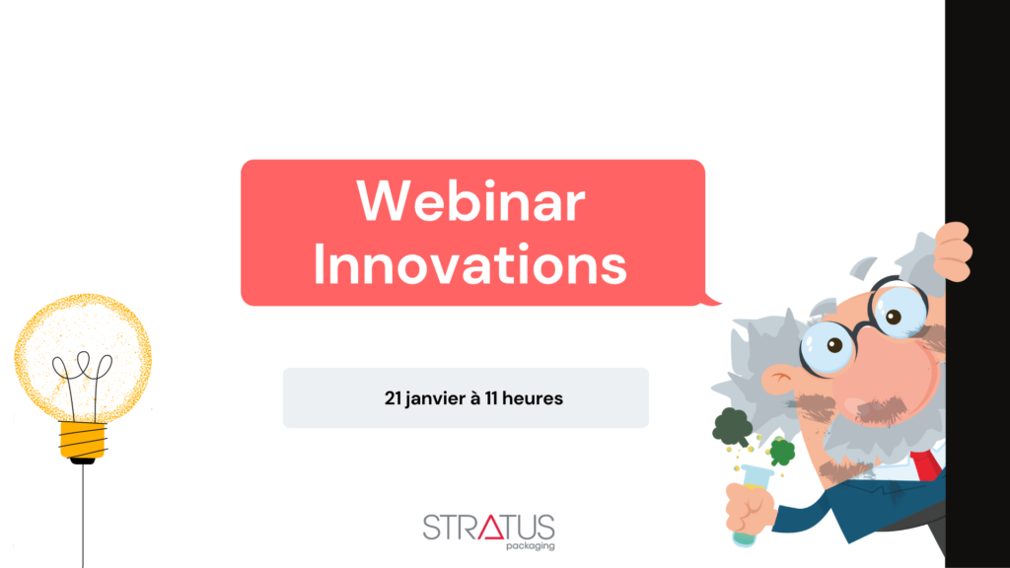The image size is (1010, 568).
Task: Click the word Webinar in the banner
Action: pyautogui.click(x=470, y=201)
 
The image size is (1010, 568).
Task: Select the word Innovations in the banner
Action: pyautogui.click(x=470, y=264)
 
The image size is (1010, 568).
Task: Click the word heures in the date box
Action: pyautogui.click(x=532, y=398)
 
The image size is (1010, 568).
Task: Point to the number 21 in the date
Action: pyautogui.click(x=393, y=398)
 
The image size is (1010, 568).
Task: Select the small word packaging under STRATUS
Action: pyautogui.click(x=530, y=546)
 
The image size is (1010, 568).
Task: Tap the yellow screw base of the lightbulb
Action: pyautogui.click(x=83, y=440)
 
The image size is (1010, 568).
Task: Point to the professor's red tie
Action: pyautogui.click(x=925, y=465)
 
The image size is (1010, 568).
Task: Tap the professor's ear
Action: pyautogui.click(x=782, y=380)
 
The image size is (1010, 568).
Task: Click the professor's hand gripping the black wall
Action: pyautogui.click(x=954, y=251)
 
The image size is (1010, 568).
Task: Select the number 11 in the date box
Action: pyautogui.click(x=491, y=398)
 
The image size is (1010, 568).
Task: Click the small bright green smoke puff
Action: pyautogui.click(x=782, y=452)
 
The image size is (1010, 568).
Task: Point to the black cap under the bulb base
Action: pyautogui.click(x=83, y=461)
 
